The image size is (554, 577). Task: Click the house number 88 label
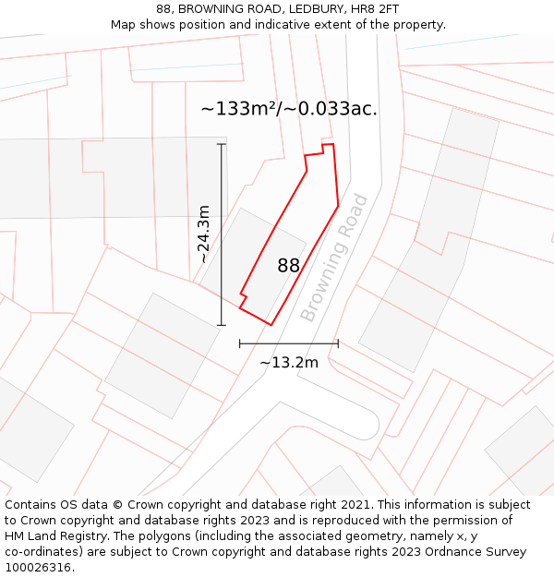click(288, 266)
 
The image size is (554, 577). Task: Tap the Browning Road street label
click(334, 258)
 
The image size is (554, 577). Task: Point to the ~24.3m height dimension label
click(203, 234)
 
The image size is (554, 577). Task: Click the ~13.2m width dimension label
click(289, 362)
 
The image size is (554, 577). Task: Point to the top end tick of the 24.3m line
click(222, 145)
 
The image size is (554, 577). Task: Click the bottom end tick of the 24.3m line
click(222, 325)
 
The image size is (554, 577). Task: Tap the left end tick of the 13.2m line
click(240, 343)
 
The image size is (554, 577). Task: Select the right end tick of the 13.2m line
click(338, 343)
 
